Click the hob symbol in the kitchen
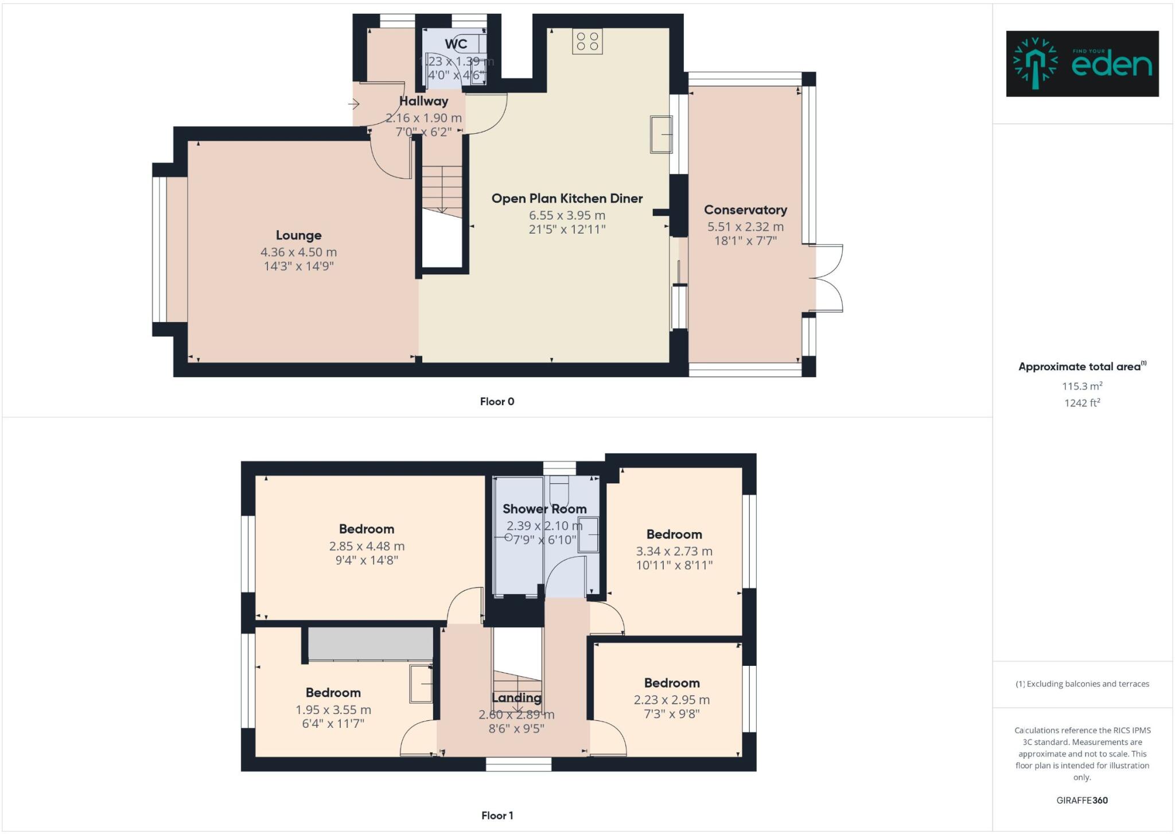coord(587,41)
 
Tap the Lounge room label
coord(298,235)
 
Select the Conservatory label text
coord(745,210)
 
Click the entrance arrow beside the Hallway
coord(354,104)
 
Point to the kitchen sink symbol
coord(660,134)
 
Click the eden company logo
coord(1082,64)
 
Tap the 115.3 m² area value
coord(1081,386)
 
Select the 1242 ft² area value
coord(1081,403)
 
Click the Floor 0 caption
coord(497,402)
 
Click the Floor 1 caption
coord(497,816)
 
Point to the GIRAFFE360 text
coord(1081,800)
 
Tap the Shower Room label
coord(544,509)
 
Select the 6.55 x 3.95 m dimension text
coord(567,216)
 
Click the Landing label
coord(516,698)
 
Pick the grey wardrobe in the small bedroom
coord(371,643)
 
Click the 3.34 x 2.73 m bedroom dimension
coord(674,552)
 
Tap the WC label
coord(456,44)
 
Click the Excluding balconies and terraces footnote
coord(1082,684)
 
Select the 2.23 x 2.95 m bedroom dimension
coord(672,700)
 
